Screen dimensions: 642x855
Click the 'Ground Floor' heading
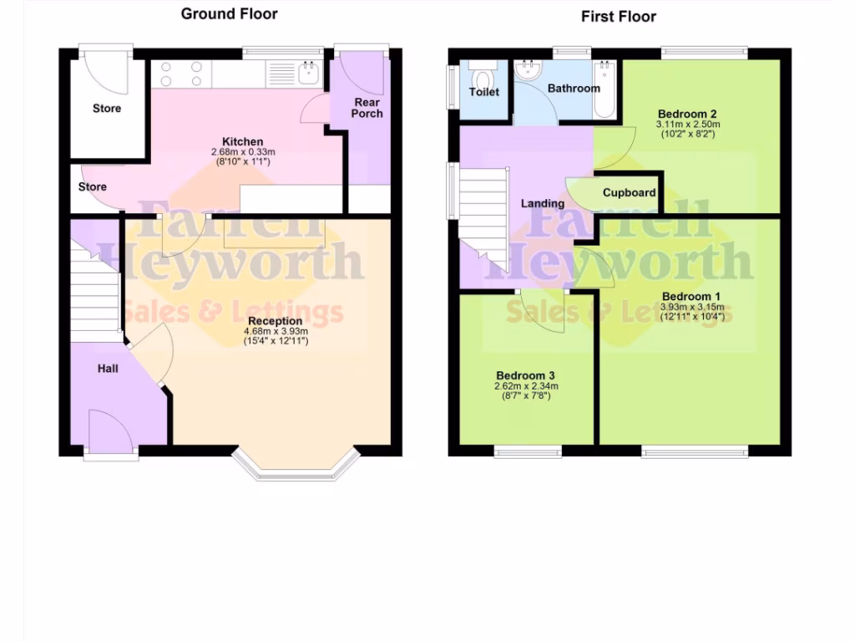(x=229, y=13)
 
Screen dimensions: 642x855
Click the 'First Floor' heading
(x=619, y=16)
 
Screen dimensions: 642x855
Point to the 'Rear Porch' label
(x=367, y=108)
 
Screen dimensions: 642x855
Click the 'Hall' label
(x=108, y=368)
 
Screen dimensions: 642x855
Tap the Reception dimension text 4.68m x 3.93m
(x=276, y=331)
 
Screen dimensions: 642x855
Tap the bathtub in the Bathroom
(x=604, y=90)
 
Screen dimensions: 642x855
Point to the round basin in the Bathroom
(x=527, y=72)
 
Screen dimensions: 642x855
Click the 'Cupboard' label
(x=629, y=192)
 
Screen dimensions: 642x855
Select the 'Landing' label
(x=543, y=203)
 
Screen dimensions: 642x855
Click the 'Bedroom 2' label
(x=687, y=114)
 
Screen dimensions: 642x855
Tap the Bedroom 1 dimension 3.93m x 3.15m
(x=691, y=307)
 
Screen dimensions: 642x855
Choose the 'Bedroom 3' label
(x=525, y=376)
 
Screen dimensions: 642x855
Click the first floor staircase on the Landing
(x=484, y=217)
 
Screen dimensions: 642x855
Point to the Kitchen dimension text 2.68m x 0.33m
(x=242, y=152)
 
